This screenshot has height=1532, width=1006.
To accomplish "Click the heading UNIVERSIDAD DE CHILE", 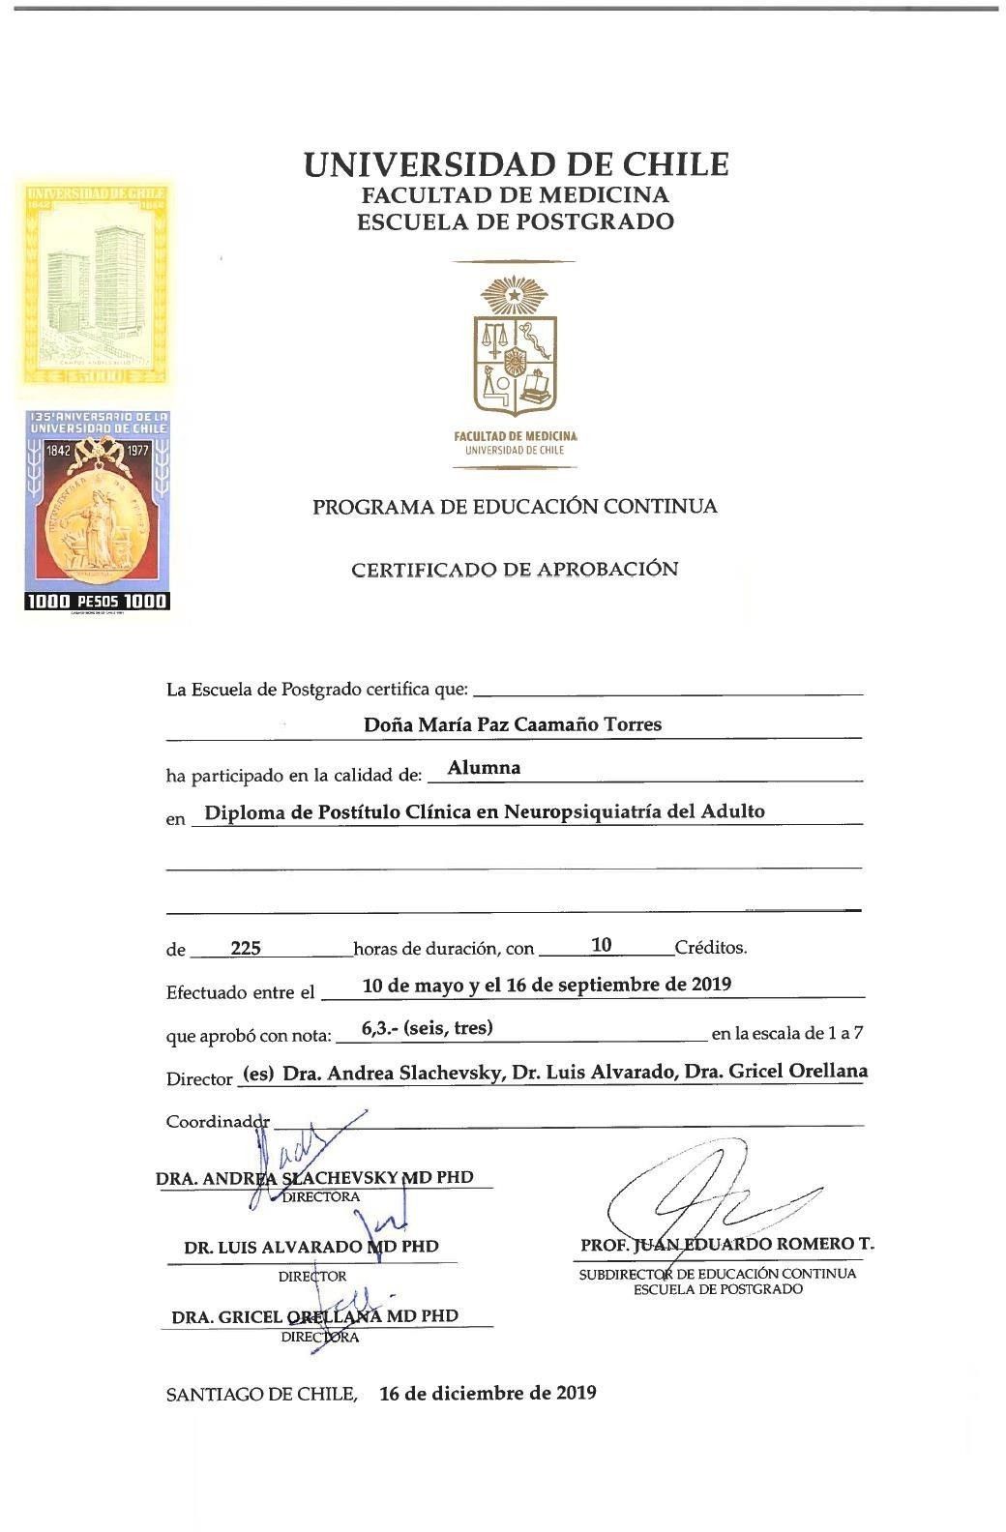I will pos(516,164).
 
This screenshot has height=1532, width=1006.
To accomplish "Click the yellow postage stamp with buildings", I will pos(96,286).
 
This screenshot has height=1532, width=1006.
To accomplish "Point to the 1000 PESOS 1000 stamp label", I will pos(97,602).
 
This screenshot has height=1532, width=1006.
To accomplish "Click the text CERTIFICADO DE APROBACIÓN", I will pos(515,570).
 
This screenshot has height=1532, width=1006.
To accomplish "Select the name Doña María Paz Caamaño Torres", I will pos(513,724).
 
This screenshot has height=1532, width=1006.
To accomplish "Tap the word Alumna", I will pos(484,768).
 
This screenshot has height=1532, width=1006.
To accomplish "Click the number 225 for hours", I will pos(246,949).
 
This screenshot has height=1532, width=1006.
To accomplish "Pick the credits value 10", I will pos(602,945).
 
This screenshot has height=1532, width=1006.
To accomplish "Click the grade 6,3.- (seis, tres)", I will pos(427,1028).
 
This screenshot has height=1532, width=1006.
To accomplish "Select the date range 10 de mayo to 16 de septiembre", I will pos(547,986).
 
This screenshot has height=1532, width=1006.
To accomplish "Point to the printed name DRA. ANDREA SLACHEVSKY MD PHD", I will pos(314,1178).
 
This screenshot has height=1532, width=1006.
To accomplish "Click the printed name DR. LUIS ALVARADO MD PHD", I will pos(311,1248).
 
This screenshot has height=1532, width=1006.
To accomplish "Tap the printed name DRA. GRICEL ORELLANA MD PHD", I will pos(314,1317).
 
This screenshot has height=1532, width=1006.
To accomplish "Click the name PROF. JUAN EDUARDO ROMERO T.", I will pos(727,1245).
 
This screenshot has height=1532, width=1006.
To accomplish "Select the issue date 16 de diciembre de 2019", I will pos(488,1394).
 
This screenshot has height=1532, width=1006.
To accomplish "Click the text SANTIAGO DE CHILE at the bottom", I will pos(260,1395).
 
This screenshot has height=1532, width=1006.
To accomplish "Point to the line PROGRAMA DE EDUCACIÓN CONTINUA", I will pos(515,507).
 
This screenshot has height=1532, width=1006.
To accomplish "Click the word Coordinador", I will pos(218,1122).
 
